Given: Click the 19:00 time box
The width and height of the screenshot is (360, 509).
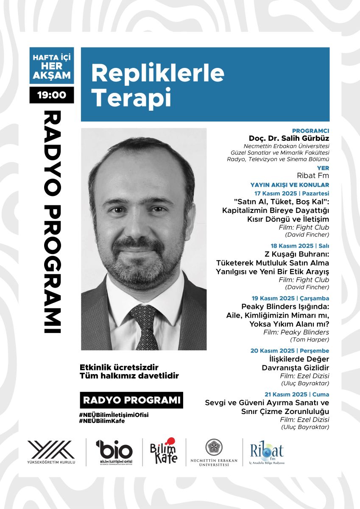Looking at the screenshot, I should click(x=52, y=95).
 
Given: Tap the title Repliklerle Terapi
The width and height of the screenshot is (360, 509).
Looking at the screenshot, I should click(x=158, y=85).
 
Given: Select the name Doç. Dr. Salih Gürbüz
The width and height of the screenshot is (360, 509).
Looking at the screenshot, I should click(x=289, y=139).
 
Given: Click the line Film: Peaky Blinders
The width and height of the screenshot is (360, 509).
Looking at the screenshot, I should click(x=304, y=332).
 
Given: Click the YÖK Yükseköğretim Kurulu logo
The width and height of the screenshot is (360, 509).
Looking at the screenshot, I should click(x=51, y=452).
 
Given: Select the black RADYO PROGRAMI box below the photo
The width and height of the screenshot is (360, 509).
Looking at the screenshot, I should click(x=131, y=400).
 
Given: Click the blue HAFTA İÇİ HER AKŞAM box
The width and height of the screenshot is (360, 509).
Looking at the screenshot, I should click(x=52, y=66).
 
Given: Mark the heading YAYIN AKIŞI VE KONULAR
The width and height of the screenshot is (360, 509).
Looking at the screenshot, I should click(x=290, y=185).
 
